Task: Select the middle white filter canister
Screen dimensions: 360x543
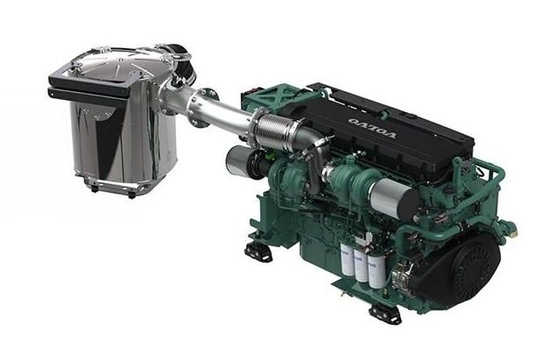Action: pyautogui.click(x=363, y=269)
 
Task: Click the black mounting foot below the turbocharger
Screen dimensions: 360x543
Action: pyautogui.click(x=257, y=251)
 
